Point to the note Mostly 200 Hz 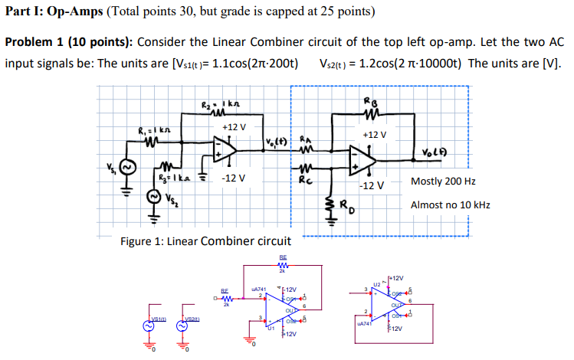click(443, 182)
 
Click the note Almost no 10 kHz click(450, 205)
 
